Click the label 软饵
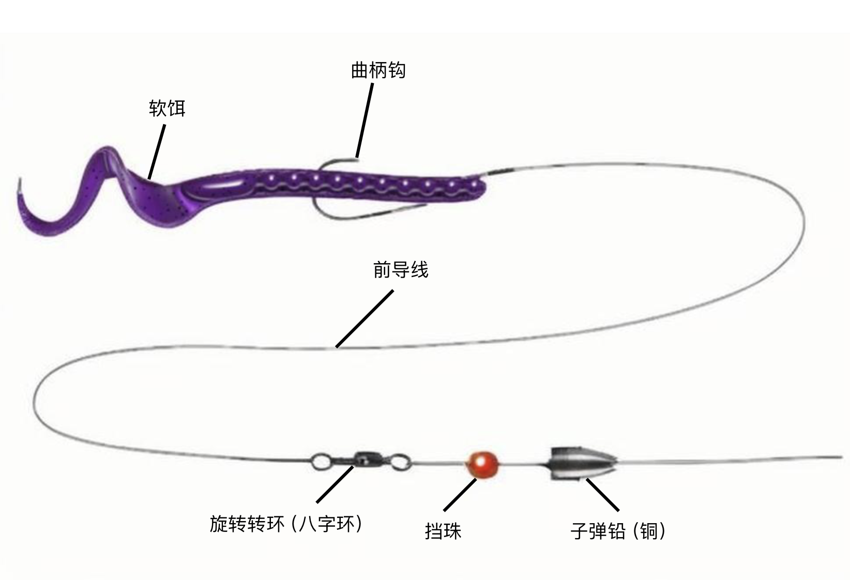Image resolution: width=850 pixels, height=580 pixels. (166, 109)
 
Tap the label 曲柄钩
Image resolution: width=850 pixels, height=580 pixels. (378, 70)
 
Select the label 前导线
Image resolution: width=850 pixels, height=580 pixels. (401, 270)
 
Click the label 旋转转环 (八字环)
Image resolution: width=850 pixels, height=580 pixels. (286, 524)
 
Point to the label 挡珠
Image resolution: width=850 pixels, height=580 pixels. (443, 531)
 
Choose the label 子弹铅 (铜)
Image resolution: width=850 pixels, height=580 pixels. (618, 531)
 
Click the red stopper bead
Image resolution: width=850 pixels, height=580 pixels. (483, 465)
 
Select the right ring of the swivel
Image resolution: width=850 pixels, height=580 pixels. (401, 460)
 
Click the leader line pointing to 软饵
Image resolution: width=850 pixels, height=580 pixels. (157, 152)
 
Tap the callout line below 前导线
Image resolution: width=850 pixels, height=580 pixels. (365, 318)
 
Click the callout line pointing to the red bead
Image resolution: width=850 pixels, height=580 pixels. (460, 495)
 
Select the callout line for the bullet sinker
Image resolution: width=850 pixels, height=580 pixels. (602, 495)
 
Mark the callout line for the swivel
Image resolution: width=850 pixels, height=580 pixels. (335, 484)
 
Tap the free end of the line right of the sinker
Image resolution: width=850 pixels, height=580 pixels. (840, 457)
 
